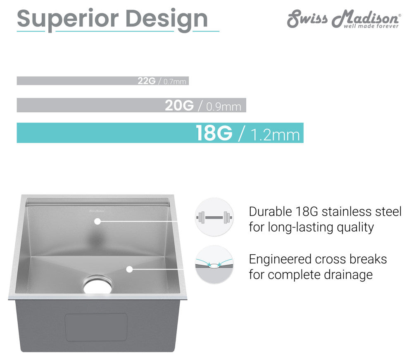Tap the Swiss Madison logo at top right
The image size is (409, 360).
[343, 19]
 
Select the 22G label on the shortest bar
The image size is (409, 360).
[146, 81]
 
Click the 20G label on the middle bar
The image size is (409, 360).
[179, 106]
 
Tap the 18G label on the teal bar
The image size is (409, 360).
[214, 133]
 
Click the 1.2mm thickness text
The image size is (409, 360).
[275, 135]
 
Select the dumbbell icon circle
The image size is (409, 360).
[214, 217]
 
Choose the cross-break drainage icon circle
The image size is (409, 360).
[214, 265]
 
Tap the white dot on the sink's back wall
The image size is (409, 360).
[97, 221]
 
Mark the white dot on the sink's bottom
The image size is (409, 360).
[129, 269]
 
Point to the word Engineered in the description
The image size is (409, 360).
[280, 259]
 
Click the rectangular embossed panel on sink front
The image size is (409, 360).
[96, 327]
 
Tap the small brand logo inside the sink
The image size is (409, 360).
[97, 211]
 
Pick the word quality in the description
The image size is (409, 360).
[352, 227]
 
